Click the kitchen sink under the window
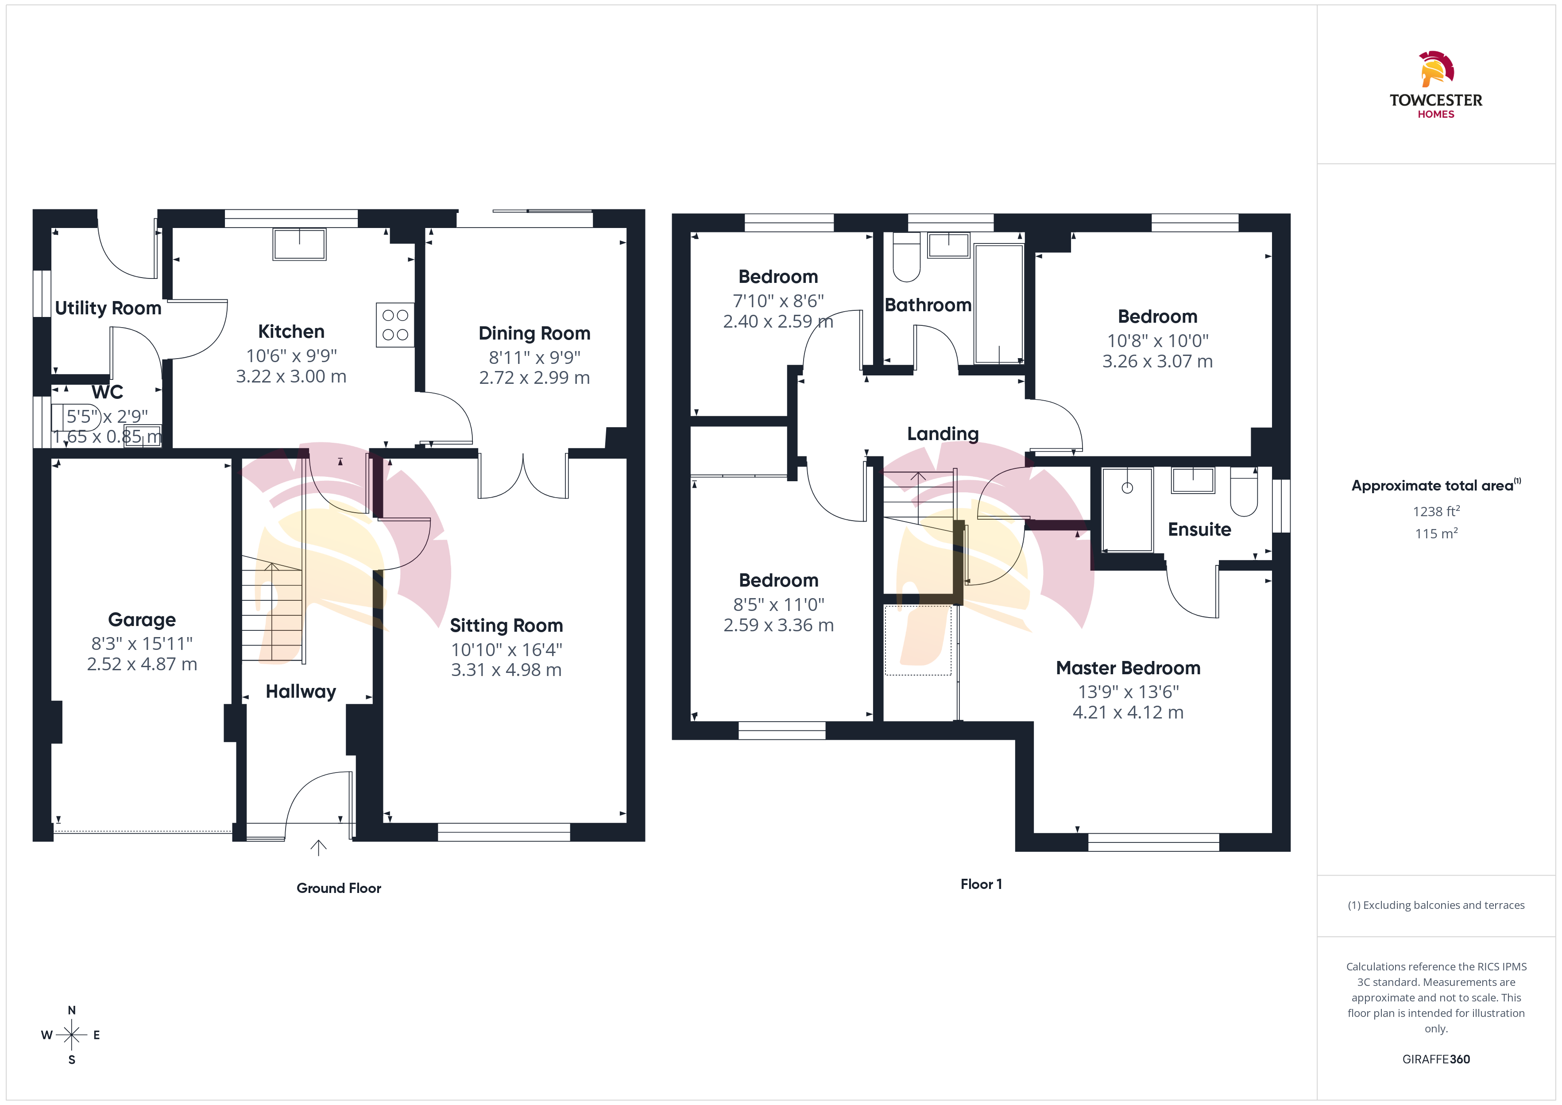click(x=299, y=244)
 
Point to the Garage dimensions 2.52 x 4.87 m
click(x=142, y=664)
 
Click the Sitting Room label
click(x=506, y=626)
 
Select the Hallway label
click(x=301, y=692)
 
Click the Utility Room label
click(x=108, y=308)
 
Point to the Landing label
click(x=943, y=434)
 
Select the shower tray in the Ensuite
click(x=1127, y=509)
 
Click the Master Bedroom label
click(x=1128, y=668)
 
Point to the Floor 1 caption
click(x=981, y=885)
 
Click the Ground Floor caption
click(x=339, y=889)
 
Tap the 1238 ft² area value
click(x=1436, y=511)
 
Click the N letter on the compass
click(x=71, y=1010)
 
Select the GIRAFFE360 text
click(x=1436, y=1059)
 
